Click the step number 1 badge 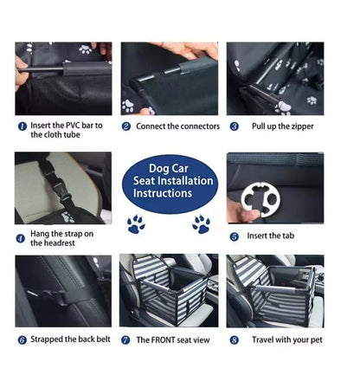22,126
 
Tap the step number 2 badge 126,126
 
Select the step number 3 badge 234,126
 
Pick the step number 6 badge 22,339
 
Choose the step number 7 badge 126,339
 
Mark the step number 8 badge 234,339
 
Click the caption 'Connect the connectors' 177,126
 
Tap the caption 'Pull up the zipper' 284,126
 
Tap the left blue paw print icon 136,224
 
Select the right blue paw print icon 201,224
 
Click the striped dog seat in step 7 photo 169,291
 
